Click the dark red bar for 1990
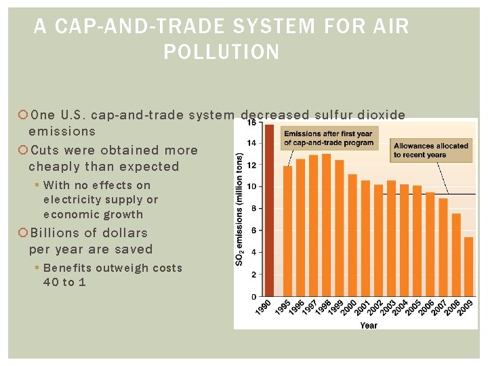click(270, 210)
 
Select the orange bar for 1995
click(287, 231)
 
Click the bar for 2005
click(417, 241)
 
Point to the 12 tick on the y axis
click(251, 165)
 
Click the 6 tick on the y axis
click(253, 230)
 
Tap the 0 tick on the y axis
click(253, 296)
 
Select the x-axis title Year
click(369, 325)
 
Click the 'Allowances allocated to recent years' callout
click(431, 150)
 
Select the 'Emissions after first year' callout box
click(328, 138)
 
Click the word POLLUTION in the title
click(222, 52)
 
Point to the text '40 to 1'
click(64, 282)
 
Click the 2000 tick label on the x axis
click(347, 308)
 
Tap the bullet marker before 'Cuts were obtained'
click(22, 150)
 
